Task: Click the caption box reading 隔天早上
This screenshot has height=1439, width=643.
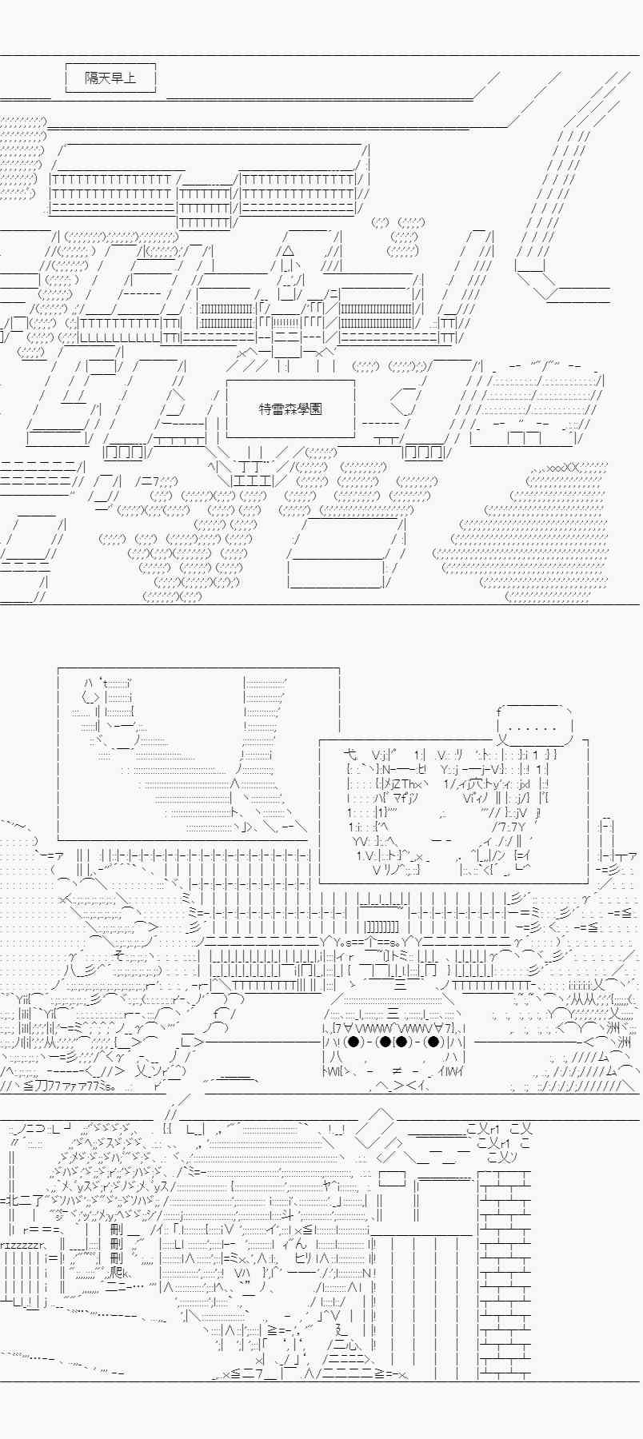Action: click(110, 78)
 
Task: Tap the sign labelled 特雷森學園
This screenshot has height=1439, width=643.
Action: click(290, 409)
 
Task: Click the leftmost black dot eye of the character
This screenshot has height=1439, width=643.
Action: click(353, 1042)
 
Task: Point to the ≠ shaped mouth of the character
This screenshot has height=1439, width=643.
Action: click(396, 1070)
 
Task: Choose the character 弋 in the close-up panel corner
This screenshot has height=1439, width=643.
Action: click(349, 754)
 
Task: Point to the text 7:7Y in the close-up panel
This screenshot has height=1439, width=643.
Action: click(509, 827)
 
